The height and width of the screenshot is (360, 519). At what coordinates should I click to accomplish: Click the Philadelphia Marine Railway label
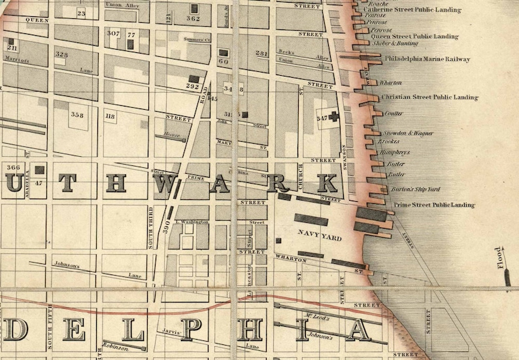(x=427, y=59)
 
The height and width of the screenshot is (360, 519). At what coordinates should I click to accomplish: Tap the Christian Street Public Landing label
(x=429, y=97)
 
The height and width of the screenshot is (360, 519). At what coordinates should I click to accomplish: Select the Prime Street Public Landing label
(x=433, y=205)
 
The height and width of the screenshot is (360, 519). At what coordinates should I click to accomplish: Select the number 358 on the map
(x=77, y=115)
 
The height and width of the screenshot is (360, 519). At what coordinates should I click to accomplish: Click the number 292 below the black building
(x=192, y=86)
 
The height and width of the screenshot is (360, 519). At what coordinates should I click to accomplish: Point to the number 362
(x=193, y=18)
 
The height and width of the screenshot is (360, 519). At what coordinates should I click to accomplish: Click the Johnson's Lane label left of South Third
(x=66, y=266)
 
